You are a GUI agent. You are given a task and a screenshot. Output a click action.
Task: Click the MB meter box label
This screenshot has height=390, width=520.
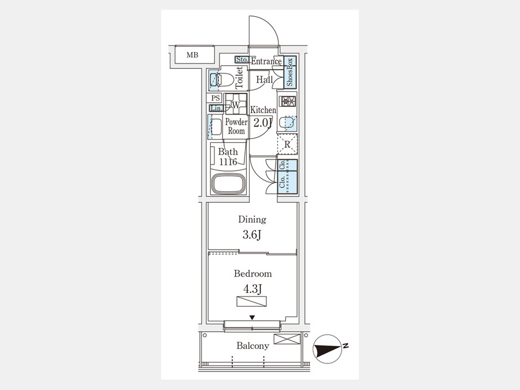(x=192, y=55)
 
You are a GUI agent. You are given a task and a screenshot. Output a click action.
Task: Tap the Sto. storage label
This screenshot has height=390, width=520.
(x=242, y=60)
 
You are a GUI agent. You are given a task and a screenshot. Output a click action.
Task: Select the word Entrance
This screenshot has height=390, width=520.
(x=266, y=61)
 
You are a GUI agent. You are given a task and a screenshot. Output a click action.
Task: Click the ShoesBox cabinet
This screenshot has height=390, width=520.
(x=290, y=72)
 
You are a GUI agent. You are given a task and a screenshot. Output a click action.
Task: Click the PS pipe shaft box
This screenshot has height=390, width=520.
(x=216, y=98)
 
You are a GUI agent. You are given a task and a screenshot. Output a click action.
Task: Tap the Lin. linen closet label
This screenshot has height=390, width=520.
(x=216, y=108)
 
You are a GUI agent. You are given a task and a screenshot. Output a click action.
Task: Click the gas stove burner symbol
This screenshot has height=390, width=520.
(x=288, y=101)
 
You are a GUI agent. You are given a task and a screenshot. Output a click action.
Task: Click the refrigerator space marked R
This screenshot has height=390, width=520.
(x=287, y=144)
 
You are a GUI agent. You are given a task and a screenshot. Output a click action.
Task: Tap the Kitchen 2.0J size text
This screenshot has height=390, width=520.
(x=263, y=123)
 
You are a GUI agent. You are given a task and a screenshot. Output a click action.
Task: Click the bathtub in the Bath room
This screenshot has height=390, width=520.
(x=228, y=183)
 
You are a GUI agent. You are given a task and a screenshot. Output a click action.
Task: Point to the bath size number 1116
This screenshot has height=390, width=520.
(x=228, y=162)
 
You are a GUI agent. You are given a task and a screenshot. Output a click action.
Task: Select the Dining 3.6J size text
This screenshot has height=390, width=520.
(x=252, y=235)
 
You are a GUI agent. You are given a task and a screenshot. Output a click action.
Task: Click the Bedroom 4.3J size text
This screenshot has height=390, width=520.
(x=252, y=289)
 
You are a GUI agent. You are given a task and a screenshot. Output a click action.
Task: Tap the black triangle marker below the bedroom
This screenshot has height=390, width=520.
(x=252, y=318)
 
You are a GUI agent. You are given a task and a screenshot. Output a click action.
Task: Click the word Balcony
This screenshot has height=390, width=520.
(x=252, y=346)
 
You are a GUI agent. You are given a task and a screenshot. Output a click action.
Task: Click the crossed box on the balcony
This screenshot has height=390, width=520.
(x=287, y=339)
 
